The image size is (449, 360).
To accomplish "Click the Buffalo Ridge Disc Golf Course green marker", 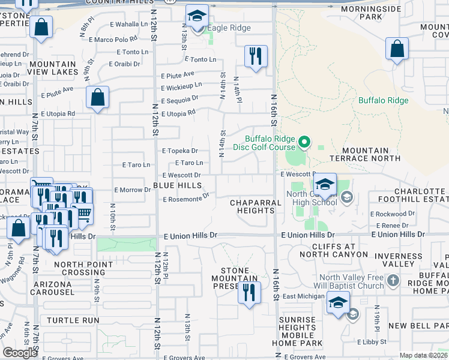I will pos(304,142).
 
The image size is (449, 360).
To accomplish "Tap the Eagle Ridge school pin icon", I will pos(196,17).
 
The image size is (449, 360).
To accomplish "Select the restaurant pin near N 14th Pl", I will pos(256,57).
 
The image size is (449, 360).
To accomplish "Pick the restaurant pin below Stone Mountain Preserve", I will pos(247,293).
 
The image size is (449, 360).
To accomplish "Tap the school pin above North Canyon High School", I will pos(325,185).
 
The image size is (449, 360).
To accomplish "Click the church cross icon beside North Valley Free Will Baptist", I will pos(393,281).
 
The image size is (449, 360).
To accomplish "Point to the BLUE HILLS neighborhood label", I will pos(177,186).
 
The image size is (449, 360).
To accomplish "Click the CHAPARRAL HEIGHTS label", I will pos(256,206).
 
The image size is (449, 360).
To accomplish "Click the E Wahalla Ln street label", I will pos(129,25).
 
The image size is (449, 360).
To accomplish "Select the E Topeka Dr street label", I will pos(179,151).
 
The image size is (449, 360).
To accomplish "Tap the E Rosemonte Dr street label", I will pos(185,197).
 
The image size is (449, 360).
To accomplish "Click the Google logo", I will pos(20,353).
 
